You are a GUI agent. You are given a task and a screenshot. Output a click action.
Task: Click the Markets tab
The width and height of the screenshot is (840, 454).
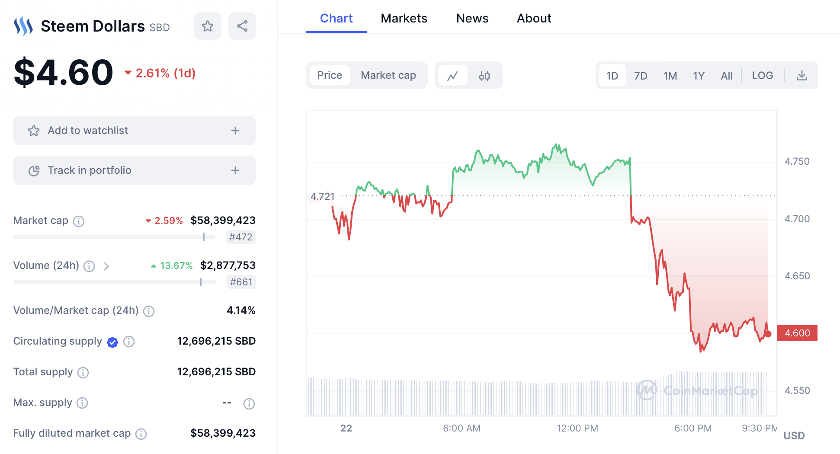point(404,18)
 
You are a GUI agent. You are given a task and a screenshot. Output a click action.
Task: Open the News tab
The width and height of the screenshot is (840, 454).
point(472,18)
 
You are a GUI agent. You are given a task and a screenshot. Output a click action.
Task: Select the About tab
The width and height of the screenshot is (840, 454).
point(534,18)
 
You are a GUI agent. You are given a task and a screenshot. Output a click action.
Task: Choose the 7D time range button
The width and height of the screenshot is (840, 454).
point(640,76)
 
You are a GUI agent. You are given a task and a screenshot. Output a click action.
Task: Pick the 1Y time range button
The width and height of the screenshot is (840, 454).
point(699,76)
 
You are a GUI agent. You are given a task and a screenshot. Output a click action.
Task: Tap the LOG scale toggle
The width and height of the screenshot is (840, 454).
point(762,76)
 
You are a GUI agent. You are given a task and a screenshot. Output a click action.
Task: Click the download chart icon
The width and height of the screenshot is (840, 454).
point(802,76)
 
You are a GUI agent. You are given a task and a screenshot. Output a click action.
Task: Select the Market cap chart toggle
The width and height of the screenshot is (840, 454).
point(388,75)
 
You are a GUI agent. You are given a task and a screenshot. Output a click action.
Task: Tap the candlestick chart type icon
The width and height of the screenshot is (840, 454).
point(484,76)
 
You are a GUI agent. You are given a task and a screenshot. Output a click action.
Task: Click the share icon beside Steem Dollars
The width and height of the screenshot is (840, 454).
point(242,26)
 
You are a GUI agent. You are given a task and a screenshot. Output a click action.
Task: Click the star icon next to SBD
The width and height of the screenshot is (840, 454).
point(208,26)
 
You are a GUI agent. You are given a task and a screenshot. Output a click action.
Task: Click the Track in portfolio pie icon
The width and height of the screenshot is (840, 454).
point(34,171)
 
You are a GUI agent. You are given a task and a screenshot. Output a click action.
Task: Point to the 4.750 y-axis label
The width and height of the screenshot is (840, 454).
point(797,161)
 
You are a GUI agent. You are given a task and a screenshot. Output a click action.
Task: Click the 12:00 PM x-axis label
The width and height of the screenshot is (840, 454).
point(577,428)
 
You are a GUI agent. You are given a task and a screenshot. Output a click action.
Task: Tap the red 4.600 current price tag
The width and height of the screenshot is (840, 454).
point(797,333)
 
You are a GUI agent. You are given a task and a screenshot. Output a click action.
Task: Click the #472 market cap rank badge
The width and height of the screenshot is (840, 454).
point(240,237)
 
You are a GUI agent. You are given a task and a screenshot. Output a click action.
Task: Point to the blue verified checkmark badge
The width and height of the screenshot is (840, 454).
point(112,342)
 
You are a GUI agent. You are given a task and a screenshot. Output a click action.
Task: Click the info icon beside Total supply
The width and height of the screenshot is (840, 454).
point(83,372)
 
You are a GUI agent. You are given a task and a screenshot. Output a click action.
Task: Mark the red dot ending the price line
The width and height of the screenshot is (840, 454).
point(768,334)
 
